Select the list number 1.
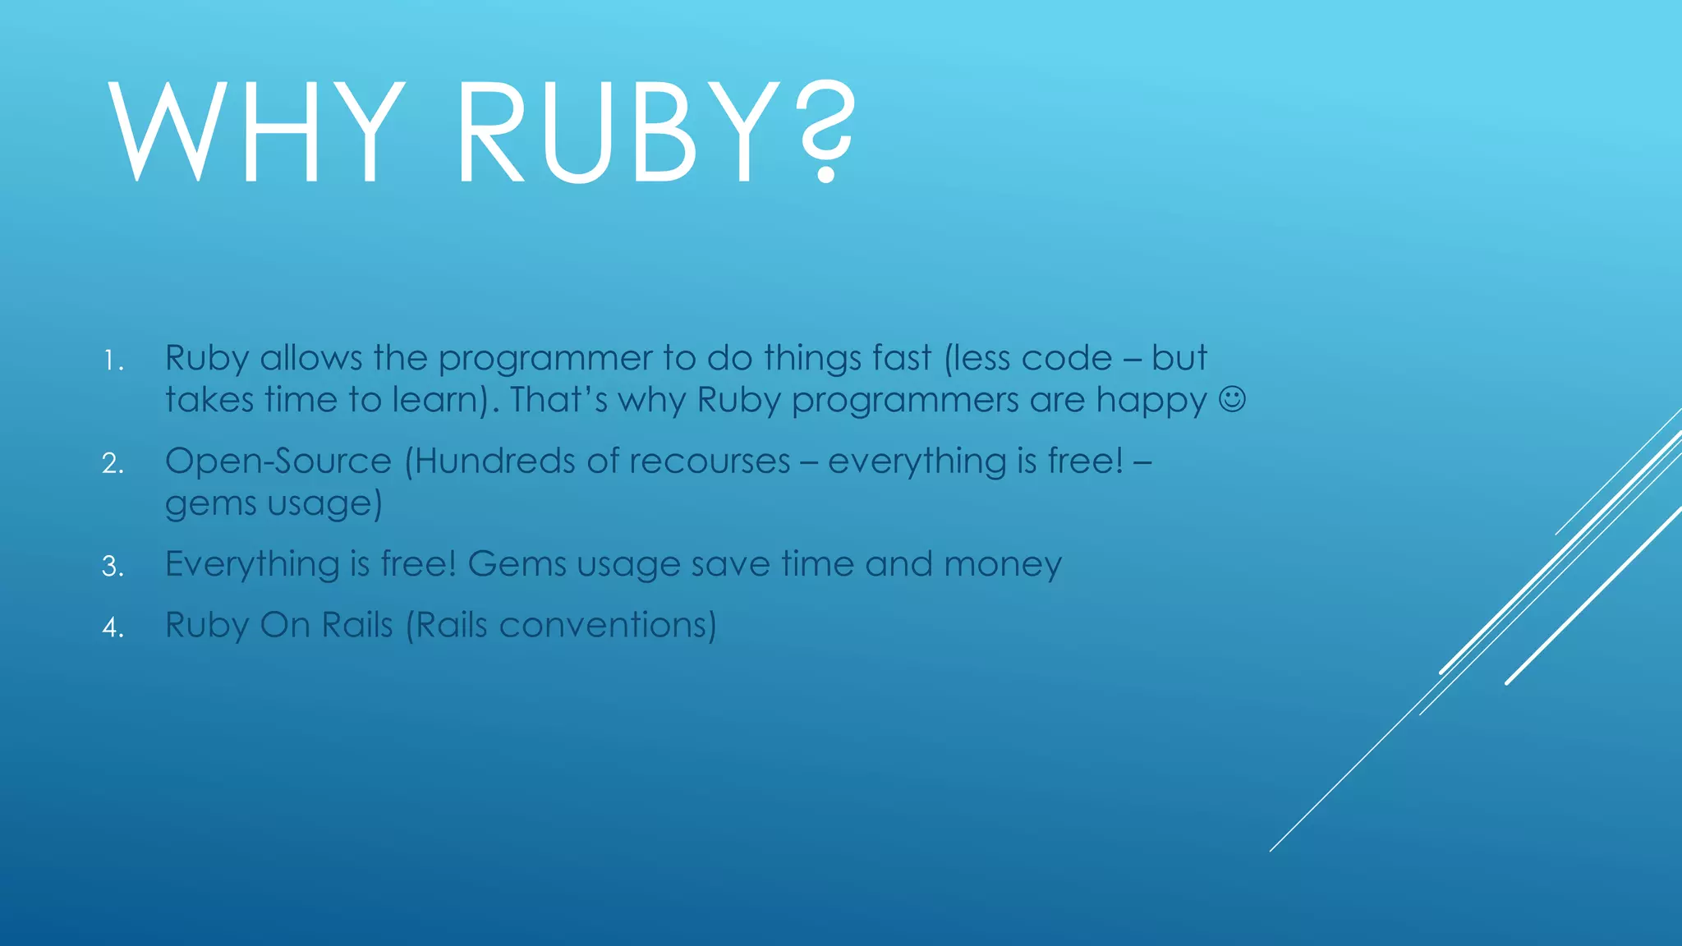pyautogui.click(x=113, y=361)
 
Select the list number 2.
pyautogui.click(x=113, y=464)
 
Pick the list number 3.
pyautogui.click(x=113, y=567)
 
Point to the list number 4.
pyautogui.click(x=113, y=628)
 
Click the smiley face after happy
pyautogui.click(x=1232, y=400)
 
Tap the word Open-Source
pyautogui.click(x=278, y=461)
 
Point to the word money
pyautogui.click(x=1003, y=564)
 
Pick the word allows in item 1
pyautogui.click(x=311, y=358)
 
